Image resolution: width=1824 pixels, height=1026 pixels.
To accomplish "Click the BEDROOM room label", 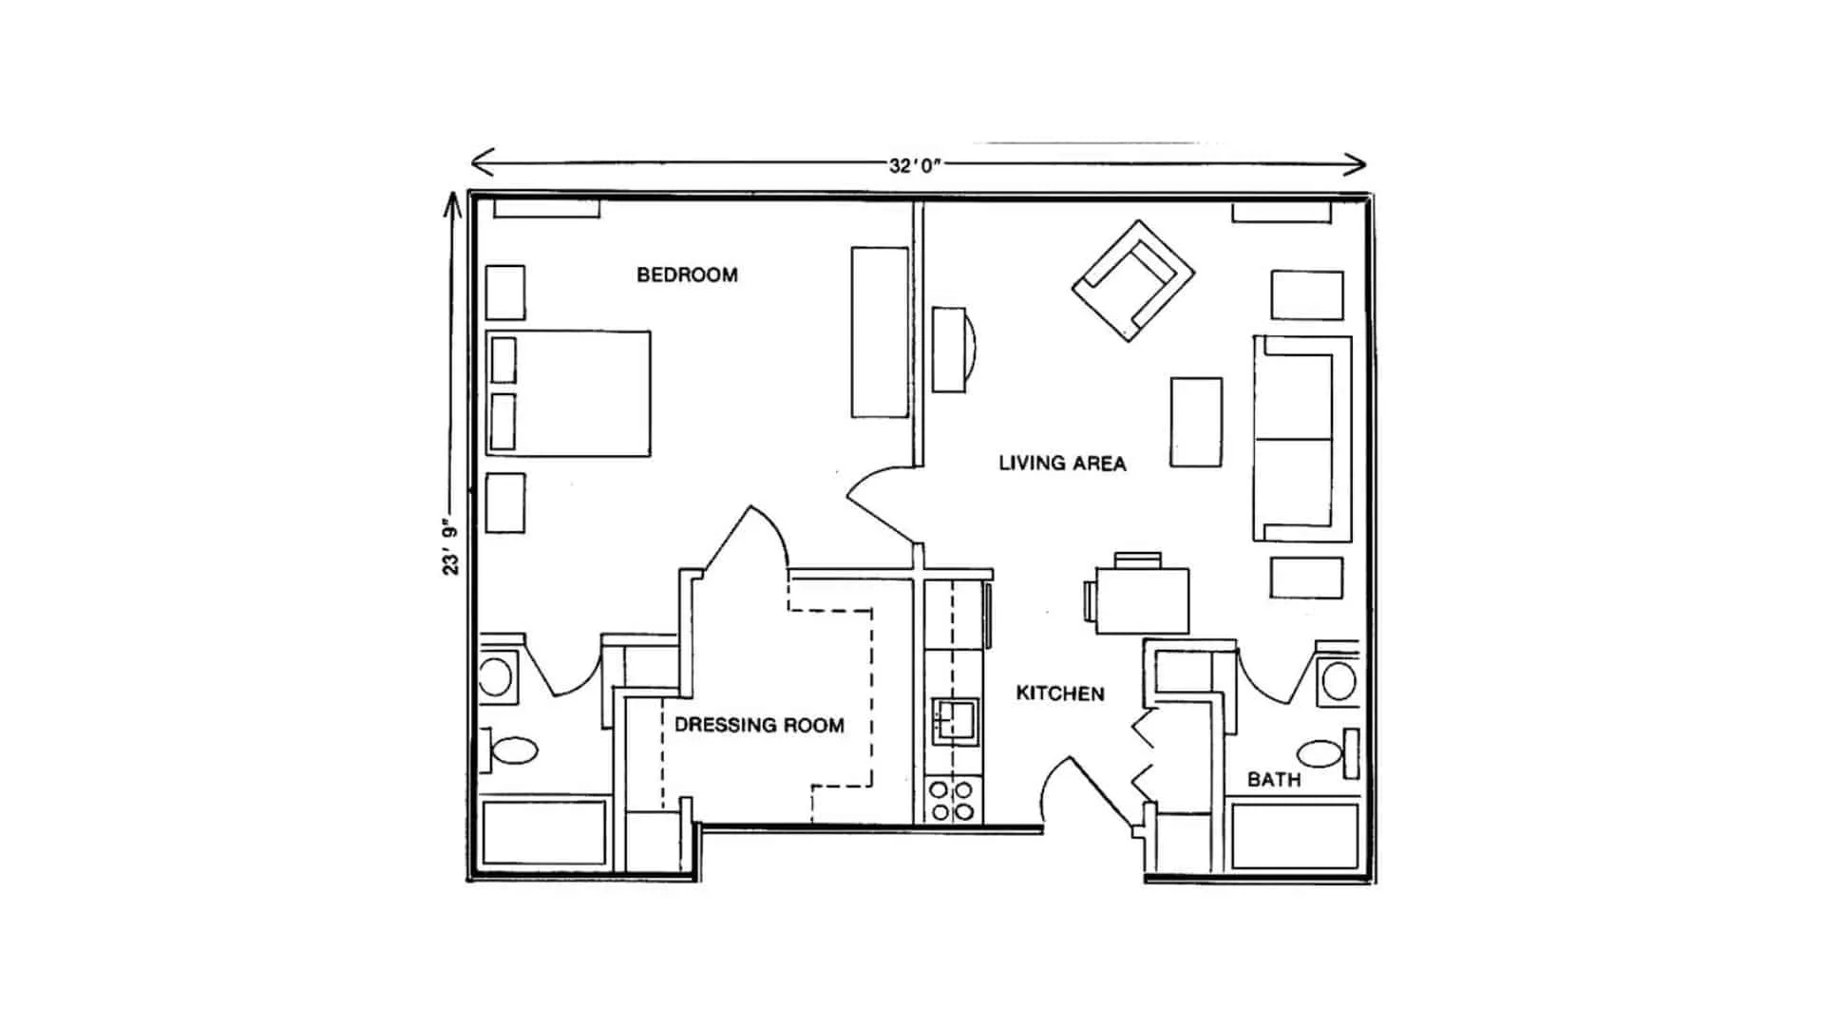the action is pyautogui.click(x=687, y=275).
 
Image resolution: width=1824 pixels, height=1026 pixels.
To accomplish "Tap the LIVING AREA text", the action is pyautogui.click(x=1062, y=464).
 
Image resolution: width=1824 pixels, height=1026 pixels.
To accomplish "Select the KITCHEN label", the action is pyautogui.click(x=1060, y=693).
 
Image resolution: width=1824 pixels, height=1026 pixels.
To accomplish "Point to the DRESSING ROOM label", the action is pyautogui.click(x=759, y=726).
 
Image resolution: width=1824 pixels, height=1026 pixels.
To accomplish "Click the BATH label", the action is pyautogui.click(x=1274, y=780).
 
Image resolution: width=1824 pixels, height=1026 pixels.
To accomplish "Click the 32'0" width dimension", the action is pyautogui.click(x=915, y=165).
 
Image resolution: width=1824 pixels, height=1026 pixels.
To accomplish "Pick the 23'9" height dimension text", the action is pyautogui.click(x=450, y=550).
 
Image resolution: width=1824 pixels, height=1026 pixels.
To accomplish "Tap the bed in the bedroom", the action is pyautogui.click(x=568, y=393).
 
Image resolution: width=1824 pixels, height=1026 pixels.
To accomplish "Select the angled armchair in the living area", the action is pyautogui.click(x=1133, y=280).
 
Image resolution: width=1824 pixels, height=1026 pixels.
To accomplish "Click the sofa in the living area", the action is pyautogui.click(x=1302, y=439).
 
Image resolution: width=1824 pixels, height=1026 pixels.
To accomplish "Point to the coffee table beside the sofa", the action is pyautogui.click(x=1196, y=422).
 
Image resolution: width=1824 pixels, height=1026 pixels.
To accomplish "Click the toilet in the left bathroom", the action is pyautogui.click(x=509, y=751).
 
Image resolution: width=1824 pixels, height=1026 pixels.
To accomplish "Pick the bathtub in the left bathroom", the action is pyautogui.click(x=544, y=833).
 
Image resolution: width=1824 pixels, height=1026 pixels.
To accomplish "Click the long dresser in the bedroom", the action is pyautogui.click(x=880, y=332).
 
